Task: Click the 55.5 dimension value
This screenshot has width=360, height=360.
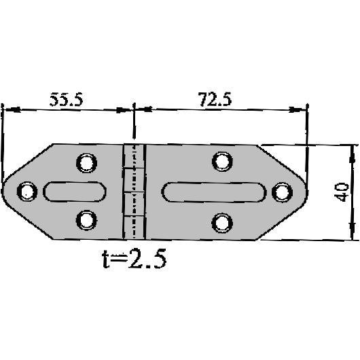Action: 66,99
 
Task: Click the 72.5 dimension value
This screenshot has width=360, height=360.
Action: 215,99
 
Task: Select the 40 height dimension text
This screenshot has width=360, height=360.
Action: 342,192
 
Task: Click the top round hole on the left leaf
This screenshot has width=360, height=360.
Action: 86,162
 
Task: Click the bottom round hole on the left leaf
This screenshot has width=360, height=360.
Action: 86,220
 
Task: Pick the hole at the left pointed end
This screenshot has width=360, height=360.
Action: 27,192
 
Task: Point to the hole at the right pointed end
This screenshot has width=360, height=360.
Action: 281,192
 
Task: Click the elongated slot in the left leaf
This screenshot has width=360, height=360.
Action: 75,192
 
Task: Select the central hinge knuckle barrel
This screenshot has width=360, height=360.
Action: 134,192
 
